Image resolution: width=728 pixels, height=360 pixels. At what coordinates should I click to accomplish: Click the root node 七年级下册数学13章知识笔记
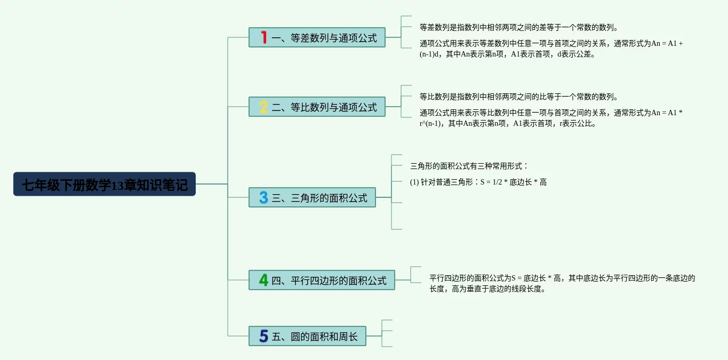click(x=105, y=184)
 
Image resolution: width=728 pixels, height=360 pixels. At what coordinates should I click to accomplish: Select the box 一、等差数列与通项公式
click(x=317, y=37)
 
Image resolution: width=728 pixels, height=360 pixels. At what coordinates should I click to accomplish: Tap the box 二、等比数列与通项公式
click(x=317, y=107)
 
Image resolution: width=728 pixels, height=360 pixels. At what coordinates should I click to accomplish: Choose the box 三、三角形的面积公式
click(x=312, y=197)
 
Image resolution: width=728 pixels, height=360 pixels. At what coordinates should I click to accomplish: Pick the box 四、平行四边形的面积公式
click(x=322, y=280)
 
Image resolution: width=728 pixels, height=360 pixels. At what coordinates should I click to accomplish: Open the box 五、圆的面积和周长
click(x=307, y=336)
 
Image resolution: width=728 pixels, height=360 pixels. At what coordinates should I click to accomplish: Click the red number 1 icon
click(x=263, y=37)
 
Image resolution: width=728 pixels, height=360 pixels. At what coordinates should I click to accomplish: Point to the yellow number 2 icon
click(x=263, y=107)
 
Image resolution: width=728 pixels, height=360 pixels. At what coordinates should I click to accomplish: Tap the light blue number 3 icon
click(x=263, y=197)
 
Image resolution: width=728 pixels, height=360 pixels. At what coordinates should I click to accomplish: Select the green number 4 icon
click(x=263, y=280)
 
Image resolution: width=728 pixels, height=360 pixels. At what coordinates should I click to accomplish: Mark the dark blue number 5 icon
click(x=263, y=336)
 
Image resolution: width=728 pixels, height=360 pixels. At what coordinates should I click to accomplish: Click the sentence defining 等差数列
click(x=519, y=27)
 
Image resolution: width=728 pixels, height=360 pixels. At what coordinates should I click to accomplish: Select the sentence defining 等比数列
click(x=519, y=97)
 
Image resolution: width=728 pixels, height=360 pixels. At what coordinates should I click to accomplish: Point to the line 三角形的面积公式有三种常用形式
click(x=469, y=166)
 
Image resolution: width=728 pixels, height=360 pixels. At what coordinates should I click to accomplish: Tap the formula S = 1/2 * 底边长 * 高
click(x=514, y=182)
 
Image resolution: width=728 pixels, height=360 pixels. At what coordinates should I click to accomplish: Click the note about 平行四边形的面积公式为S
click(x=562, y=283)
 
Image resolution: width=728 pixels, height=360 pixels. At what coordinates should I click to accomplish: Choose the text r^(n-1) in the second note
click(x=430, y=123)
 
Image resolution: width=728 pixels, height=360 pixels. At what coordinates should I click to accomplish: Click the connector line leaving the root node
click(x=212, y=184)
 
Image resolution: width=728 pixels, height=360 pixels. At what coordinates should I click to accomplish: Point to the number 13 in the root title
click(x=117, y=185)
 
